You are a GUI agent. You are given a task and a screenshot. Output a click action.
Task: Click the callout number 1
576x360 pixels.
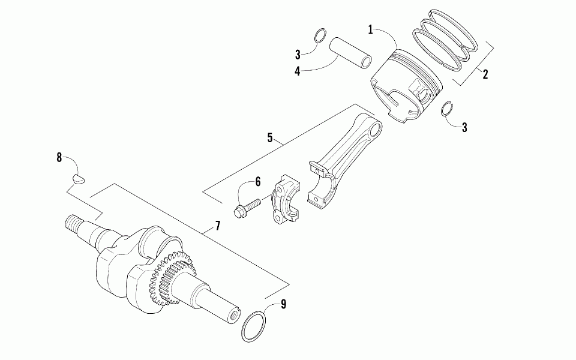pyautogui.click(x=371, y=29)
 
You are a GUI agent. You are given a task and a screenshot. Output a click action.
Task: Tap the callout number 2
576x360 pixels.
pyautogui.click(x=485, y=75)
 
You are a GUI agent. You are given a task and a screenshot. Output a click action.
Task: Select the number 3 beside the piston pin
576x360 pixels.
pyautogui.click(x=298, y=55)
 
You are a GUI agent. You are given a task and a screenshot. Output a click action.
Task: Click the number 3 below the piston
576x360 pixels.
pyautogui.click(x=464, y=127)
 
